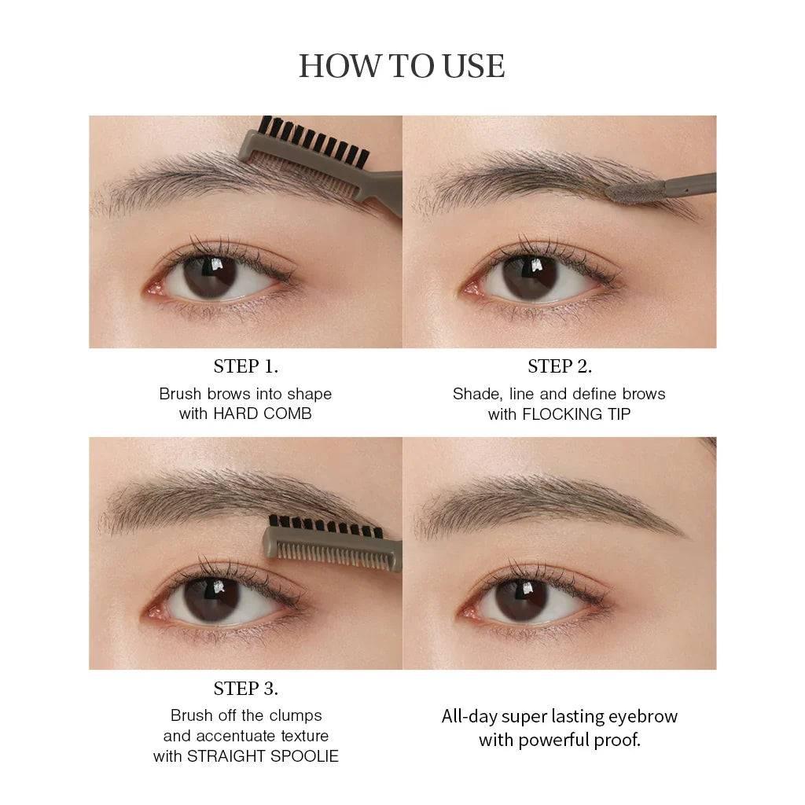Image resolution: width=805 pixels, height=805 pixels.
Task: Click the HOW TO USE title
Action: (402, 66)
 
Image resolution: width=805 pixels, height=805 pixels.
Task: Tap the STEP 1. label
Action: (245, 366)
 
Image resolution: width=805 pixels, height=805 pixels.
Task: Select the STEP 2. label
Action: (560, 366)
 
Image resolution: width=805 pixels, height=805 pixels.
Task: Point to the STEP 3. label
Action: (245, 689)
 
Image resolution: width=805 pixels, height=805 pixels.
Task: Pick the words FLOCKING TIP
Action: (576, 414)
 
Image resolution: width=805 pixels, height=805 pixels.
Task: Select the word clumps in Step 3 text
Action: (296, 715)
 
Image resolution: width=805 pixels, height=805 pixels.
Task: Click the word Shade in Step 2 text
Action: (474, 394)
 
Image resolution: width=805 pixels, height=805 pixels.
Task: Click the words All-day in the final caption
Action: (469, 716)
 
